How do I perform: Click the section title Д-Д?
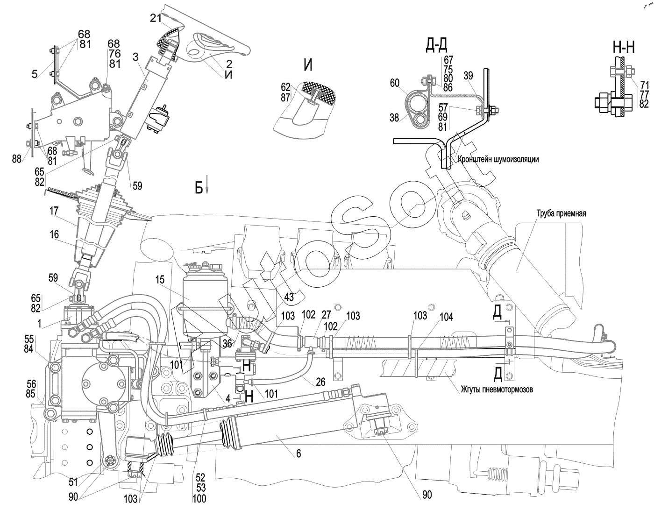[x=437, y=46]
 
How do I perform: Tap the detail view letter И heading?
[x=308, y=65]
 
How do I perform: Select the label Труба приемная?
[x=561, y=213]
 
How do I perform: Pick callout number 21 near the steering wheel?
[x=155, y=18]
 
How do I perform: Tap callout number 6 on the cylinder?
[x=299, y=453]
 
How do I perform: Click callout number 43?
[x=289, y=296]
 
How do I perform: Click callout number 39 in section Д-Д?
[x=469, y=76]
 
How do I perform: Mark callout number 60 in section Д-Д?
[x=395, y=83]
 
